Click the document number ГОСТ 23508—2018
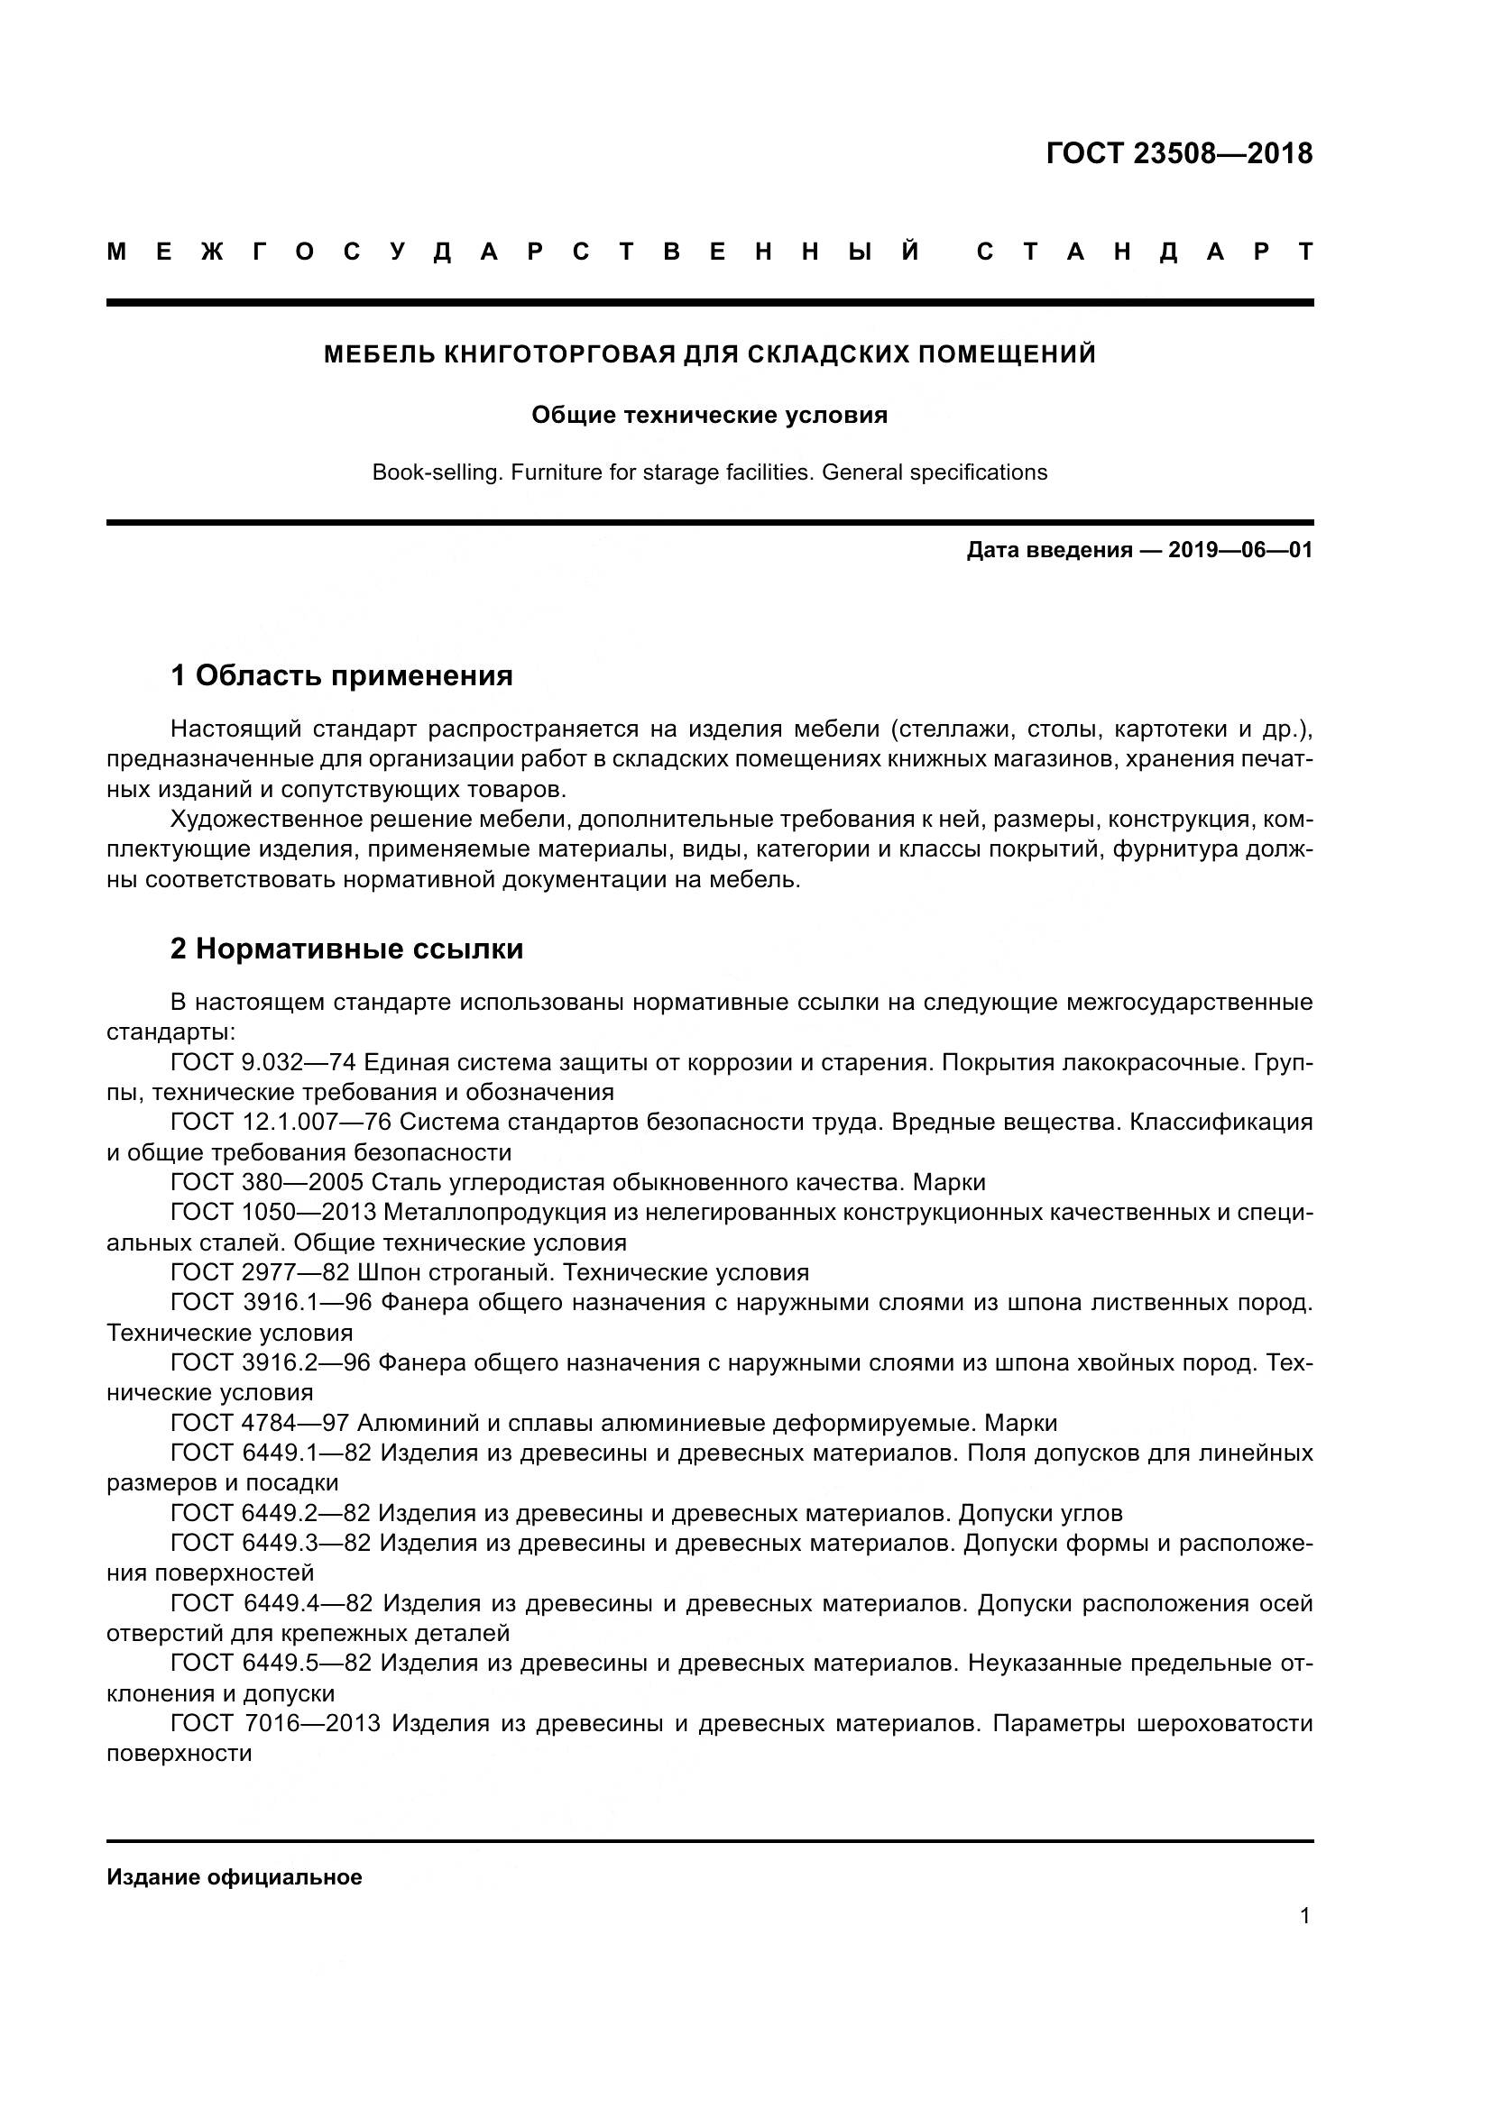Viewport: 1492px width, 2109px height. (x=1180, y=153)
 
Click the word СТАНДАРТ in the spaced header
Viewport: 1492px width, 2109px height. (x=1145, y=252)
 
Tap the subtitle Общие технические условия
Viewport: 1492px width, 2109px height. (x=709, y=415)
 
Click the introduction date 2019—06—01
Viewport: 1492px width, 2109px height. (x=1240, y=550)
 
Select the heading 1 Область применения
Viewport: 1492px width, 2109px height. (x=341, y=676)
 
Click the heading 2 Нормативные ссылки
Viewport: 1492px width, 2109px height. (x=346, y=949)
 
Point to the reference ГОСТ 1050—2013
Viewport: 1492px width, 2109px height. (x=274, y=1213)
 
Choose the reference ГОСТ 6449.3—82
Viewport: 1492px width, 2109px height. (x=270, y=1543)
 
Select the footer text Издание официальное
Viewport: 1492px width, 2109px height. (x=235, y=1877)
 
